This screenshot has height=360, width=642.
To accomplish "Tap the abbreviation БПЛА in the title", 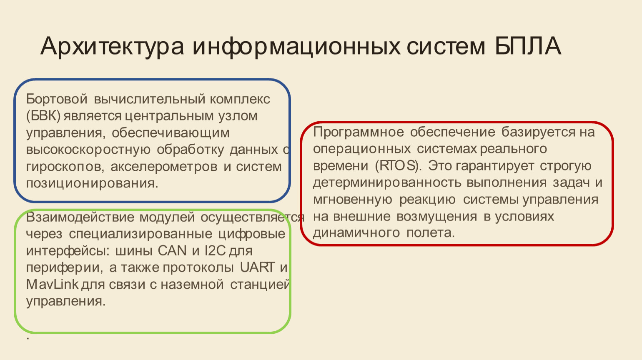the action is coord(528,46).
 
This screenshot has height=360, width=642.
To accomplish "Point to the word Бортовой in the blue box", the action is coord(57,99).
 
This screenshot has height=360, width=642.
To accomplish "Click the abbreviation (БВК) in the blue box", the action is coord(43,116).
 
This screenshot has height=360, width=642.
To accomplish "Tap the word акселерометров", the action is coord(164,167).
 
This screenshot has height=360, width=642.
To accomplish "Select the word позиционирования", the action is coord(92,183).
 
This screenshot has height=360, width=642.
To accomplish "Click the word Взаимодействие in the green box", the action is coord(80,217).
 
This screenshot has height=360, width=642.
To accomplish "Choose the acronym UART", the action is coord(257,267).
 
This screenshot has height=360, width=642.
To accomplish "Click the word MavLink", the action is coord(52,285).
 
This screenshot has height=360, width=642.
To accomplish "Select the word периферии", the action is coord(65,268).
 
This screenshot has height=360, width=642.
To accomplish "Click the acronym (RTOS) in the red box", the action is coord(399,166).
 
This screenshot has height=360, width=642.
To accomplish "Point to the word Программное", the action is coord(358,132).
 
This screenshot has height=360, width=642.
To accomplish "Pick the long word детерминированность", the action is coord(387,183).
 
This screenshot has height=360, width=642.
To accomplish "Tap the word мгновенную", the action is coord(353,200).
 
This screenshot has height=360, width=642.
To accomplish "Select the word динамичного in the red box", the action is coord(356,233).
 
